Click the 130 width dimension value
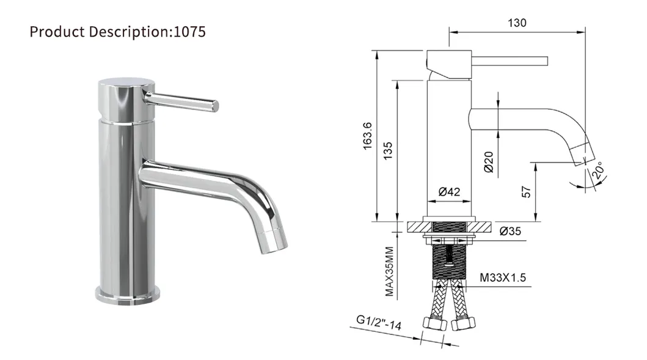click(x=517, y=23)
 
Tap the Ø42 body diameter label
click(x=449, y=192)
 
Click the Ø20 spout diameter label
click(x=489, y=160)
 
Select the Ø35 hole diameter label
click(x=510, y=231)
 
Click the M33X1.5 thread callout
click(x=503, y=278)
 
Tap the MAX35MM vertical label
click(x=389, y=271)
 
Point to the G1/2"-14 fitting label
click(x=379, y=323)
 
